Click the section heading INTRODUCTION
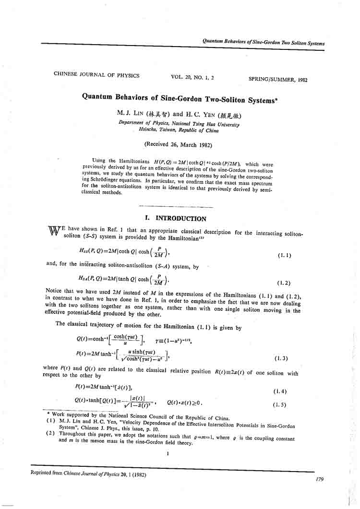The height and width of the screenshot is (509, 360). pyautogui.click(x=180, y=219)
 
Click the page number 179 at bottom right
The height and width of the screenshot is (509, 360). pyautogui.click(x=321, y=479)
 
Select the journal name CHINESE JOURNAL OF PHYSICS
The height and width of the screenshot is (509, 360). pyautogui.click(x=96, y=75)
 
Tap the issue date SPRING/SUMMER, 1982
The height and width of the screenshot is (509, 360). pyautogui.click(x=278, y=80)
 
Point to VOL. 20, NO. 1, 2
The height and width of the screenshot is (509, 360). pyautogui.click(x=192, y=77)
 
